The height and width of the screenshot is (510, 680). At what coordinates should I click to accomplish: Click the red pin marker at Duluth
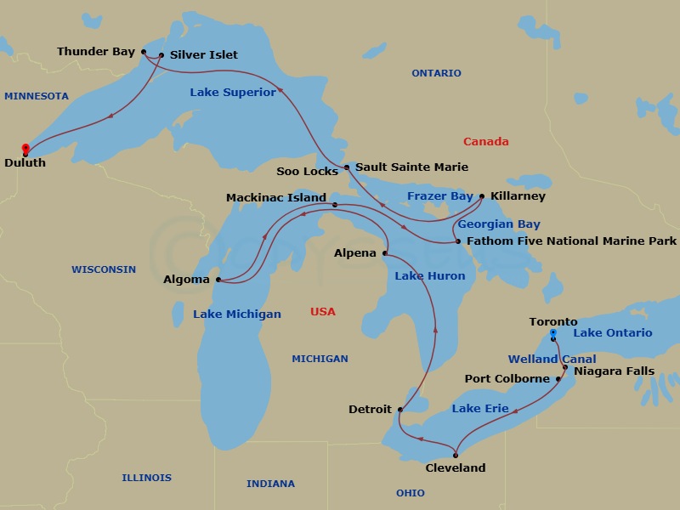(25, 149)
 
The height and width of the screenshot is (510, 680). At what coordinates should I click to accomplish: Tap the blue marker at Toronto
(553, 333)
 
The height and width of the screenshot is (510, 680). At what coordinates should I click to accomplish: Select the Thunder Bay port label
(95, 52)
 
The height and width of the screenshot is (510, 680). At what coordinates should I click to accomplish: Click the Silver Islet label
(203, 55)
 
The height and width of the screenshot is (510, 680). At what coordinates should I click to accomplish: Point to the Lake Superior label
(232, 92)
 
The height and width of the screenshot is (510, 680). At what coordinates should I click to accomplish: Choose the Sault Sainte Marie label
(411, 167)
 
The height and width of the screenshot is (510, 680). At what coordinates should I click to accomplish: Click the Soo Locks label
(307, 171)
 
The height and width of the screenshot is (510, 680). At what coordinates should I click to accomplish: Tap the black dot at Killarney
(482, 196)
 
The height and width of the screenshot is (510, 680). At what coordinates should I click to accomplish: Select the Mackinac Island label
(275, 197)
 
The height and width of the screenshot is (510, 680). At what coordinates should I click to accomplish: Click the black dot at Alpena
(385, 253)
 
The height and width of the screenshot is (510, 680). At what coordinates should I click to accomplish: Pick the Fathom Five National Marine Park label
(571, 241)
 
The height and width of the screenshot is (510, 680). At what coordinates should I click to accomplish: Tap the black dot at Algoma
(218, 279)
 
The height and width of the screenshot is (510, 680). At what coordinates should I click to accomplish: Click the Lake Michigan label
(236, 314)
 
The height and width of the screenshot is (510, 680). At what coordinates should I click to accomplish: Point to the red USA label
(322, 312)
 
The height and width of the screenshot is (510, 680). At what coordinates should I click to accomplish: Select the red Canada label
(485, 142)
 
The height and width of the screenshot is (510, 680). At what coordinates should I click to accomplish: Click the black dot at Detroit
(399, 410)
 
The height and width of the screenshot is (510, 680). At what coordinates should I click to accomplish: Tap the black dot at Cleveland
(456, 456)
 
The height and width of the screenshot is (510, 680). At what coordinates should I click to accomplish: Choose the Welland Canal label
(552, 360)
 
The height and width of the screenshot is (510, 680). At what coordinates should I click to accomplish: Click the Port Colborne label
(507, 378)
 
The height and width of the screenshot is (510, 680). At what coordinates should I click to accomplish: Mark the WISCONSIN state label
(103, 269)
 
